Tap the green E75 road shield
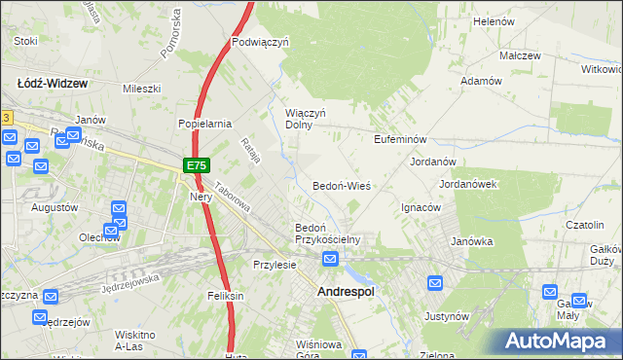[x=196, y=166]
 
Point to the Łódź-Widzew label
[x=53, y=84]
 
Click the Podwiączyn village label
[x=261, y=42]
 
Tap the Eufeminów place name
[x=401, y=139]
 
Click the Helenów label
[x=493, y=20]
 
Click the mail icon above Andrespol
[x=331, y=259]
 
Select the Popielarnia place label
[x=203, y=124]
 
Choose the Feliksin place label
[x=224, y=295]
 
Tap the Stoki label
[x=26, y=41]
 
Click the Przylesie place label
[x=274, y=265]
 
